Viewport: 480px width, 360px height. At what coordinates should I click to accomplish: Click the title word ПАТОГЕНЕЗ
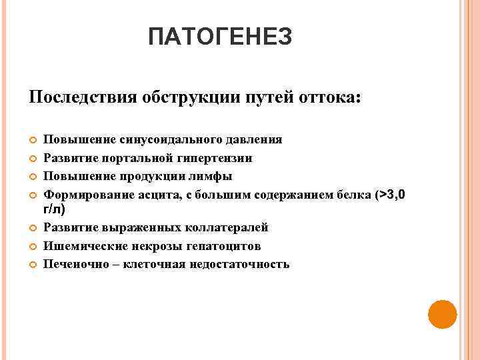[220, 37]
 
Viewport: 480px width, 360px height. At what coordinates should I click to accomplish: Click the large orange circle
[441, 314]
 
